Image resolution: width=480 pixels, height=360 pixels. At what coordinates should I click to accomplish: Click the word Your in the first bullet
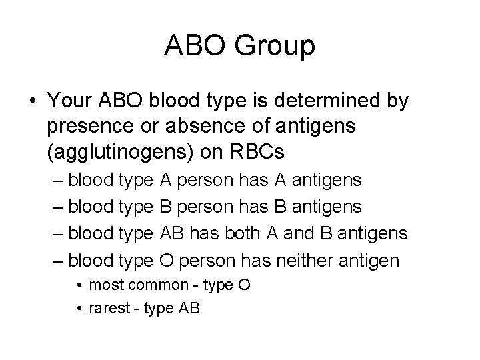click(x=71, y=101)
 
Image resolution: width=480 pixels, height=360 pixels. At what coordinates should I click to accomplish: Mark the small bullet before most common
click(x=79, y=285)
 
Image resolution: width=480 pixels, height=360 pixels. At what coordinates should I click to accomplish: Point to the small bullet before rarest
click(x=79, y=308)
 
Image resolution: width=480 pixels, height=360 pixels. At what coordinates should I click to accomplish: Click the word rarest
click(x=107, y=308)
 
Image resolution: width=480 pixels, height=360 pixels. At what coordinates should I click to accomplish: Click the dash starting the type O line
click(x=58, y=260)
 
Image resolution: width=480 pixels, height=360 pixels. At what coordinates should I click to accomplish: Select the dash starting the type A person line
click(x=58, y=180)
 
